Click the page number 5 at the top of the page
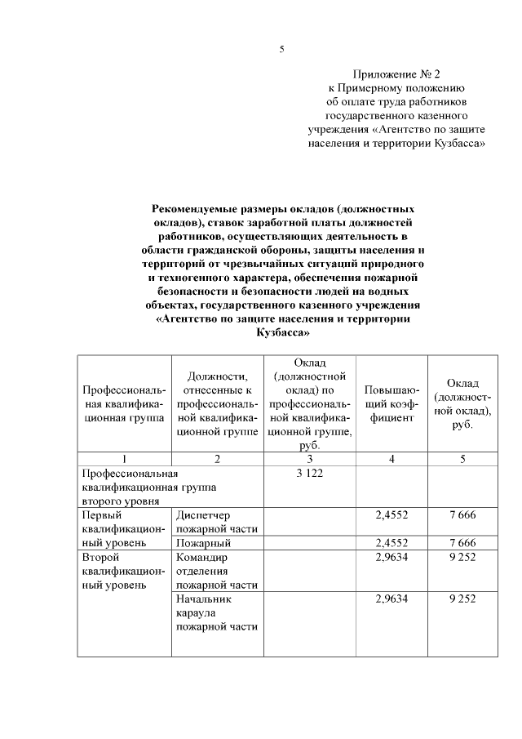click(281, 50)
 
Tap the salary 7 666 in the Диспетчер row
click(462, 515)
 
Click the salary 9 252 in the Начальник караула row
click(462, 599)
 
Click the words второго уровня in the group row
click(117, 500)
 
